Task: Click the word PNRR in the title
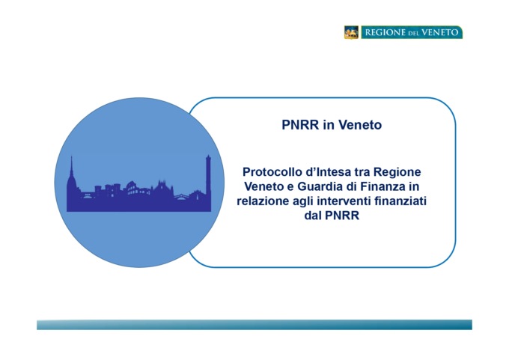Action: point(300,125)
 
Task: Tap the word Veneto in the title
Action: point(360,125)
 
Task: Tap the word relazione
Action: point(263,201)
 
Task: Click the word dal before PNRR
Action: point(313,216)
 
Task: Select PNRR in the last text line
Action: point(342,216)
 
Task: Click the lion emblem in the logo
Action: point(352,32)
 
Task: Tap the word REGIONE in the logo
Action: point(385,32)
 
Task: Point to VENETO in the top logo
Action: point(440,32)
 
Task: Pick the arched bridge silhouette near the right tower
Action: point(181,196)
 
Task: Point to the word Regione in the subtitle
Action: point(397,171)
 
